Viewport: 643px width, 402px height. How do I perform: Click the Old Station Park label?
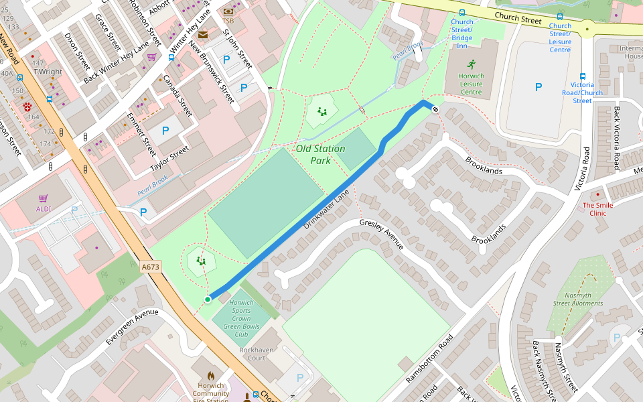point(320,154)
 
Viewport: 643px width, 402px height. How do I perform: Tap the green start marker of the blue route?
point(208,299)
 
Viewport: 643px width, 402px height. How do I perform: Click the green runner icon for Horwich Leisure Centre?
point(472,64)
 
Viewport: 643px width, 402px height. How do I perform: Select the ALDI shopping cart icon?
point(44,198)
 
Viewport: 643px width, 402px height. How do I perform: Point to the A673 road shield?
point(151,267)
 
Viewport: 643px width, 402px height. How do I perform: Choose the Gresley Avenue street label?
point(382,234)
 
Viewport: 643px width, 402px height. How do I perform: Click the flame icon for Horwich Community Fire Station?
point(210,377)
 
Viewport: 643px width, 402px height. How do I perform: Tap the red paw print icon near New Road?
point(27,107)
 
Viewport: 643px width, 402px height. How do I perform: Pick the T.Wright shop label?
point(48,72)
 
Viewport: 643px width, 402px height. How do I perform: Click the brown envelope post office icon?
point(202,35)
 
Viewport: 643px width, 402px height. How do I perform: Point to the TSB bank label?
point(228,21)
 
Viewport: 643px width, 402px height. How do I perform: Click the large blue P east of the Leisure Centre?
point(538,87)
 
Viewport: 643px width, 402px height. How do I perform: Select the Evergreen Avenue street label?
point(132,328)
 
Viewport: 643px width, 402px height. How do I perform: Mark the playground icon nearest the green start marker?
point(200,260)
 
